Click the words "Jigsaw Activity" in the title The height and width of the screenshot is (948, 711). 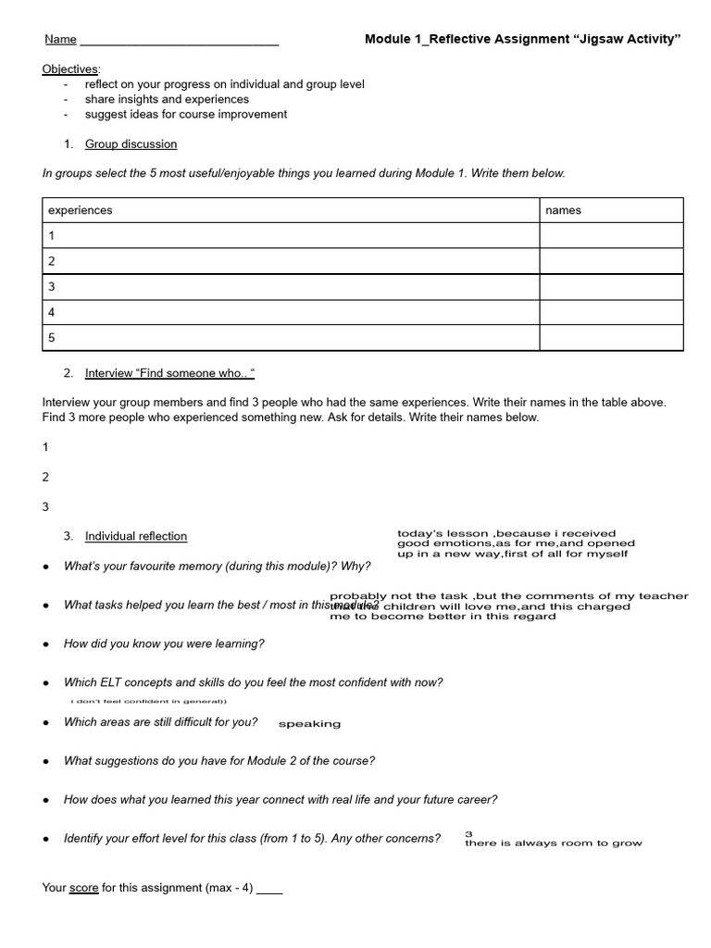point(627,39)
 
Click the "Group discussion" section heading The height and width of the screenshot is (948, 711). point(131,144)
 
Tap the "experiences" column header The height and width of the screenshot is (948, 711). point(81,210)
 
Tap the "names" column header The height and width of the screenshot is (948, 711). point(564,210)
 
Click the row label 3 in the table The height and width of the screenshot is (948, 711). point(52,287)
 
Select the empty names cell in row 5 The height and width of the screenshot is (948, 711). point(611,338)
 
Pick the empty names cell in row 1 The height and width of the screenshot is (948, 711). point(611,236)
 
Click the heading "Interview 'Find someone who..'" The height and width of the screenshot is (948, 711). point(169,373)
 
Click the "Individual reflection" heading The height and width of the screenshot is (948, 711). point(136,536)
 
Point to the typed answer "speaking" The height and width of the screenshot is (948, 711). point(309,724)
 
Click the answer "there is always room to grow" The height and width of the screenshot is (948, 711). point(553,843)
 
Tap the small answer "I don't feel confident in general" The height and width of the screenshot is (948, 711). point(148,702)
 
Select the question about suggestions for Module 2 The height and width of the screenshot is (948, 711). point(219,761)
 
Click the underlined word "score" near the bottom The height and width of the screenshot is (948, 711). point(84,888)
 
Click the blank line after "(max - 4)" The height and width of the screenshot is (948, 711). point(269,889)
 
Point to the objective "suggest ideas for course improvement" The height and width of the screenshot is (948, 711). point(186,114)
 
